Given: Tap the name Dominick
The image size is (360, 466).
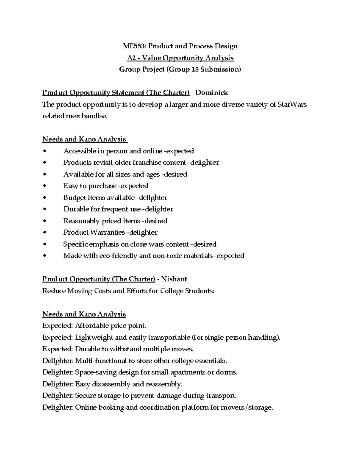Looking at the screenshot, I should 211,93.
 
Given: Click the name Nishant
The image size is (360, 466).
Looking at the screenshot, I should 174,279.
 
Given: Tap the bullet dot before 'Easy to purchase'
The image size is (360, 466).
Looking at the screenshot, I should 45,186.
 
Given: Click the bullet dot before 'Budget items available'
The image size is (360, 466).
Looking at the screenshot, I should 45,198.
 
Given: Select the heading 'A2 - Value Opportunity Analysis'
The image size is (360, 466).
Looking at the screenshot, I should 180,58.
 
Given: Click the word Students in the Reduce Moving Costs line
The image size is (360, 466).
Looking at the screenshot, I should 199,291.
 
